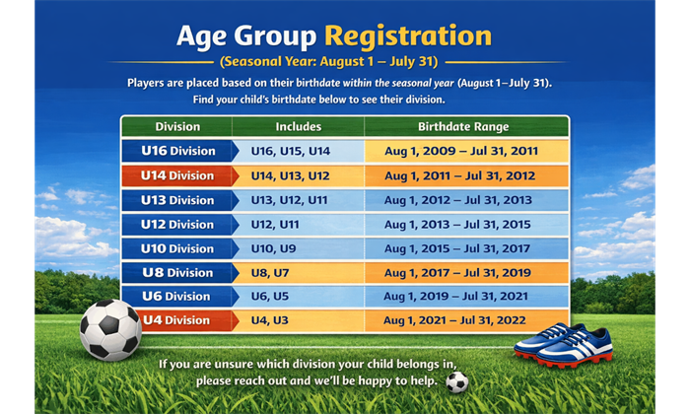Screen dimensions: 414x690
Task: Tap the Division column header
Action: click(x=177, y=127)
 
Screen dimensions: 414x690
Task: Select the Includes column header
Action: click(x=299, y=127)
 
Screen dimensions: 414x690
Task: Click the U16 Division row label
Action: click(x=178, y=151)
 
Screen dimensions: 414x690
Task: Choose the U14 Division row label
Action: click(x=178, y=175)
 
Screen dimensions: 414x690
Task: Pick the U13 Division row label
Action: click(x=178, y=200)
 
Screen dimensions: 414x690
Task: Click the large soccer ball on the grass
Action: click(x=110, y=330)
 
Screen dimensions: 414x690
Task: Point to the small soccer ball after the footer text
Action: click(x=456, y=382)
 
